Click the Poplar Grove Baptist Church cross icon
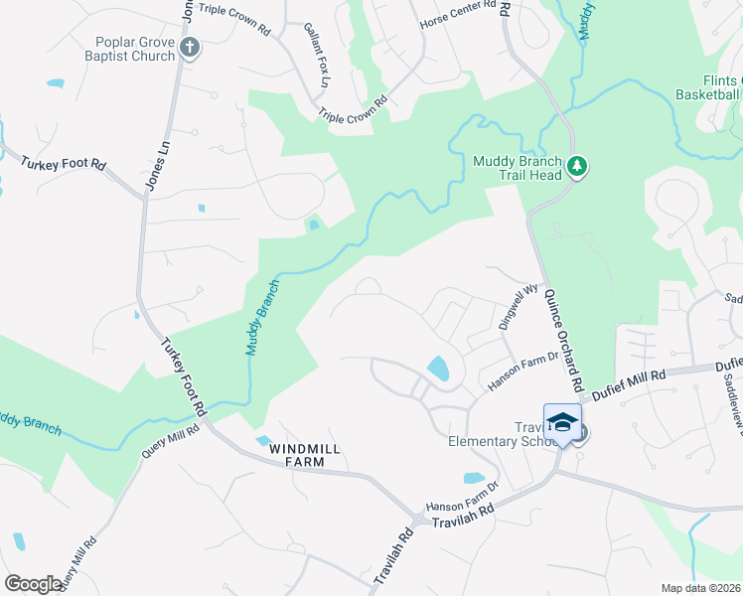pyautogui.click(x=190, y=47)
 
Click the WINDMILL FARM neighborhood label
pyautogui.click(x=304, y=456)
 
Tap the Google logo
pyautogui.click(x=33, y=584)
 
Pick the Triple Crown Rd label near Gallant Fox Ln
pyautogui.click(x=353, y=109)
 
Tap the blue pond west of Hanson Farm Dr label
pyautogui.click(x=438, y=370)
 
